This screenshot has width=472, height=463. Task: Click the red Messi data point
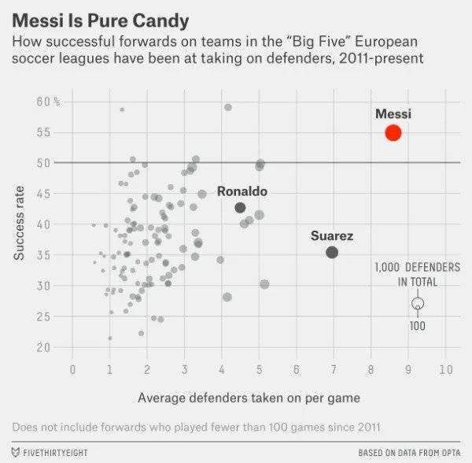click(393, 133)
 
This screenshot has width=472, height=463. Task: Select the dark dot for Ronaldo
click(240, 208)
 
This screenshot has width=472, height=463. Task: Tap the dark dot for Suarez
click(332, 252)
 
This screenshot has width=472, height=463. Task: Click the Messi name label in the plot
click(393, 114)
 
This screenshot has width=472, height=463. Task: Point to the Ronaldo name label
click(242, 191)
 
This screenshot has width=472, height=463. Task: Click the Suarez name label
click(332, 235)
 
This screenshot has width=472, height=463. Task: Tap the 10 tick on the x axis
click(445, 368)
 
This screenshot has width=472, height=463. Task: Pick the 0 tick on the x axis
click(72, 368)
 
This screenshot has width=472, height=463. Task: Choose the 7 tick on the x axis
click(334, 368)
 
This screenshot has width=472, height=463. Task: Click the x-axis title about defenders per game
click(249, 398)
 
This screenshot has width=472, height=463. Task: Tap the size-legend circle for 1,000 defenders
click(418, 303)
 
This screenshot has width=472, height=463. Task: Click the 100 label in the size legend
click(417, 326)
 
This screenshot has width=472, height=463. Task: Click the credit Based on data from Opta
click(409, 453)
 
